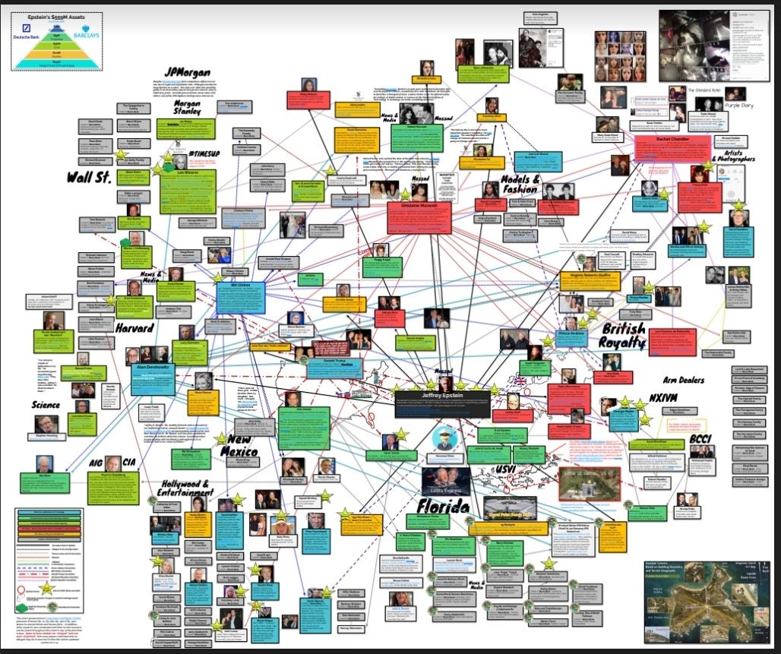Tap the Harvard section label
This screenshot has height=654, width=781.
(135, 329)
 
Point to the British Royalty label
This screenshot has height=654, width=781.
(623, 336)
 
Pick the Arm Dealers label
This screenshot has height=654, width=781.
(682, 380)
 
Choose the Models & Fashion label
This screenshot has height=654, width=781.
(524, 185)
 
